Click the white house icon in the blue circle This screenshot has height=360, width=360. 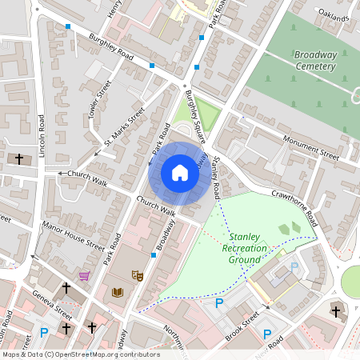coord(180,173)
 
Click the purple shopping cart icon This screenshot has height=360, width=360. coord(84,275)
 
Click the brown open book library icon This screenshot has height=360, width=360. coord(118,293)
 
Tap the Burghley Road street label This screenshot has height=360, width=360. coord(111,46)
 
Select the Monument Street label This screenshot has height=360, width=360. coord(311,146)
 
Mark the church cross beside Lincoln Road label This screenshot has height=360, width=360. coord(18,158)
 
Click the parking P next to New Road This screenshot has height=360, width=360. coord(268,333)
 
